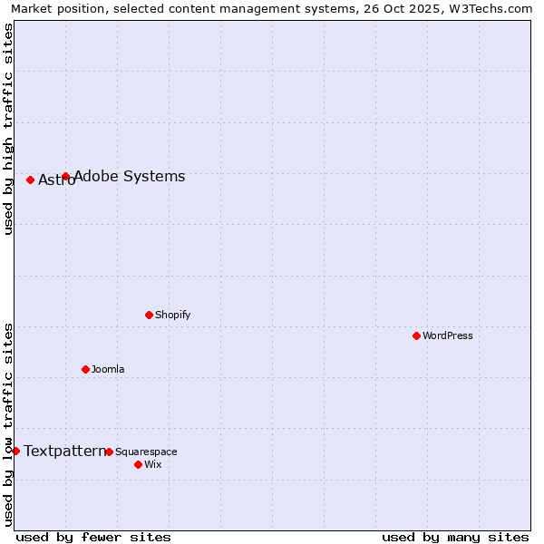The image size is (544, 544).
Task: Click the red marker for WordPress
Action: [416, 335]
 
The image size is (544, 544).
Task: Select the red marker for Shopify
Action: [149, 315]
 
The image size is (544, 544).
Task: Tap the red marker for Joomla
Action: [85, 369]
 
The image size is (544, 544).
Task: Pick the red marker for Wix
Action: [138, 464]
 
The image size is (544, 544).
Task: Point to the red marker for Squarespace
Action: [109, 452]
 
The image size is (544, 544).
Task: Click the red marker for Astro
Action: [30, 180]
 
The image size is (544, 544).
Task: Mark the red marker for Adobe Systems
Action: [65, 176]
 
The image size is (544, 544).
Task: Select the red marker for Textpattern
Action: [15, 451]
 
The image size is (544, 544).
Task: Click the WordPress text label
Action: [448, 335]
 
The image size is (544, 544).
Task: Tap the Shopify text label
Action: [173, 315]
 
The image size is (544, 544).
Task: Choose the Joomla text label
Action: [108, 369]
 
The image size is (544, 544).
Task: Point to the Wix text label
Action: [153, 464]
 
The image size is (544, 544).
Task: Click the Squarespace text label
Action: [146, 452]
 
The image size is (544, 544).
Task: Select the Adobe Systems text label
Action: [130, 177]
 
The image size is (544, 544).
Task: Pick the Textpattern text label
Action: [64, 451]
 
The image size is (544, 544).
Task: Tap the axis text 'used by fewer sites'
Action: [93, 537]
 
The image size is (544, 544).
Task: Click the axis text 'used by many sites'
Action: [455, 537]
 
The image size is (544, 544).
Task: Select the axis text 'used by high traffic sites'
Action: [8, 129]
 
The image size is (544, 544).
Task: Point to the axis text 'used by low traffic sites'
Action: [8, 423]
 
